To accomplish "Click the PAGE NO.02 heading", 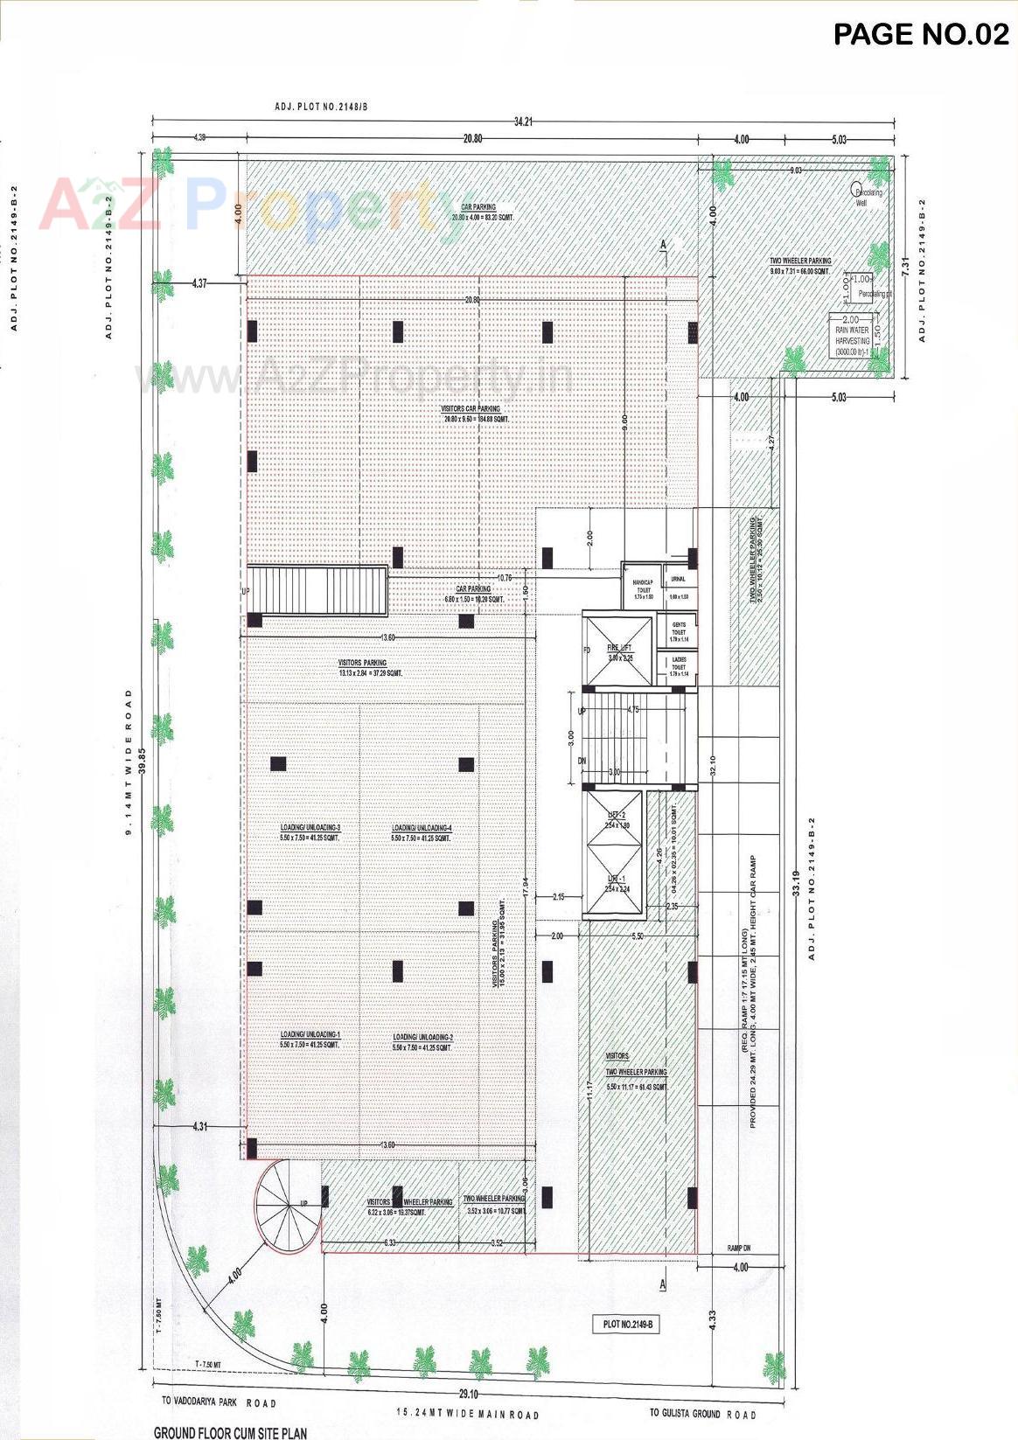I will click(921, 34).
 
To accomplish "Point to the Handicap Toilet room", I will click(643, 586).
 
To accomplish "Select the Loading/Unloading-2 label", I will click(422, 1038).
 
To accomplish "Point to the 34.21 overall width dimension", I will click(523, 121).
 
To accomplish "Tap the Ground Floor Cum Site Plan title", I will click(230, 1433).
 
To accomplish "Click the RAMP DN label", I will click(740, 1249).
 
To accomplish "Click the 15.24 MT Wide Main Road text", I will click(467, 1414).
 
